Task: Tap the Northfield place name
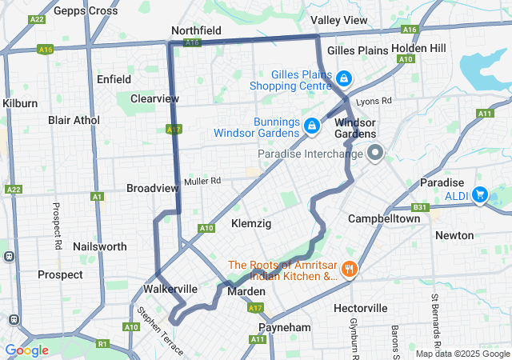pos(196,30)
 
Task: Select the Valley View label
pos(339,19)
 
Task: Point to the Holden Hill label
pos(419,48)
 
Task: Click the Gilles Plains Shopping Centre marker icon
pos(343,78)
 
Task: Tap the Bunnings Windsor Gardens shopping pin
pos(312,125)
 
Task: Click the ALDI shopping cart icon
pos(480,194)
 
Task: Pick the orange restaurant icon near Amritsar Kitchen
pos(349,269)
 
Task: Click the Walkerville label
pos(170,288)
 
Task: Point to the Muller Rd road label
pos(202,182)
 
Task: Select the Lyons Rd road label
pos(374,101)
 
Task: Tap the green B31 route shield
pos(415,207)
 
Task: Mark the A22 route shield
pos(13,190)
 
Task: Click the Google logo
pos(26,350)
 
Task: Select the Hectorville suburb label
pos(360,308)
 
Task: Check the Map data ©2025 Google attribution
pos(462,354)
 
